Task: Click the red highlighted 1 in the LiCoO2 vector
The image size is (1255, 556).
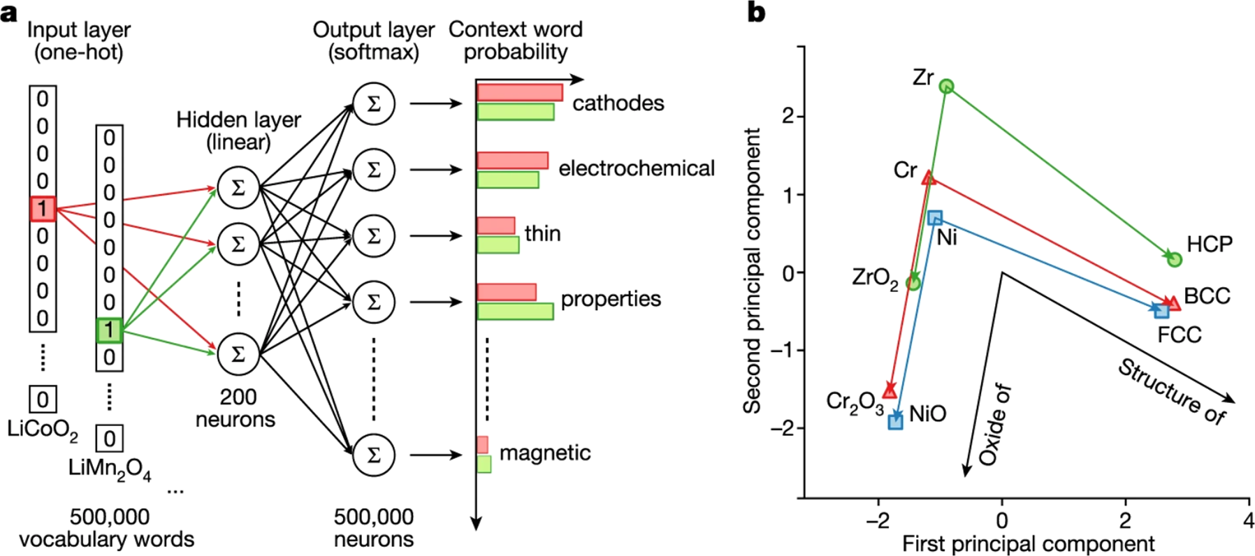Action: [x=43, y=209]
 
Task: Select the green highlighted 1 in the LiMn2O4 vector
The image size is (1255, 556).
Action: [x=109, y=330]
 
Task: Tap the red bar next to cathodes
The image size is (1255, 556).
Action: [x=519, y=92]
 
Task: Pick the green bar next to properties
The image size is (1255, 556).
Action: [x=515, y=311]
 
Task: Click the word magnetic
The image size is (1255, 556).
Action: [x=544, y=453]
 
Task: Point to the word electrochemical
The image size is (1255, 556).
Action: [x=636, y=168]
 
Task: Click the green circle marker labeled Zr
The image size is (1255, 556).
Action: [x=946, y=86]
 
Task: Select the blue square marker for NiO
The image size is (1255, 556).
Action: [x=895, y=421]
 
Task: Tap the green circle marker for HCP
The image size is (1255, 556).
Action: [x=1174, y=260]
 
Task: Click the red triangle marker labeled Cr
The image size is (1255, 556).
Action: [x=928, y=178]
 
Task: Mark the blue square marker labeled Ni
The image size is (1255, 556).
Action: [x=935, y=218]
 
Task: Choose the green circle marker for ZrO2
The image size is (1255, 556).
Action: [x=913, y=283]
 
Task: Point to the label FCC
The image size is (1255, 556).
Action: [x=1179, y=335]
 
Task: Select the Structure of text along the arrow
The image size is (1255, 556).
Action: [x=1170, y=391]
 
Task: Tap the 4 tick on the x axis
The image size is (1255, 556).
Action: [x=1248, y=520]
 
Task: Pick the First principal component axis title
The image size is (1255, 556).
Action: [x=1028, y=543]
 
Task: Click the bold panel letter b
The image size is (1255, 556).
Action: [x=756, y=12]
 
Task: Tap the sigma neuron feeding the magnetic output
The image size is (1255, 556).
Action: [x=374, y=455]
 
